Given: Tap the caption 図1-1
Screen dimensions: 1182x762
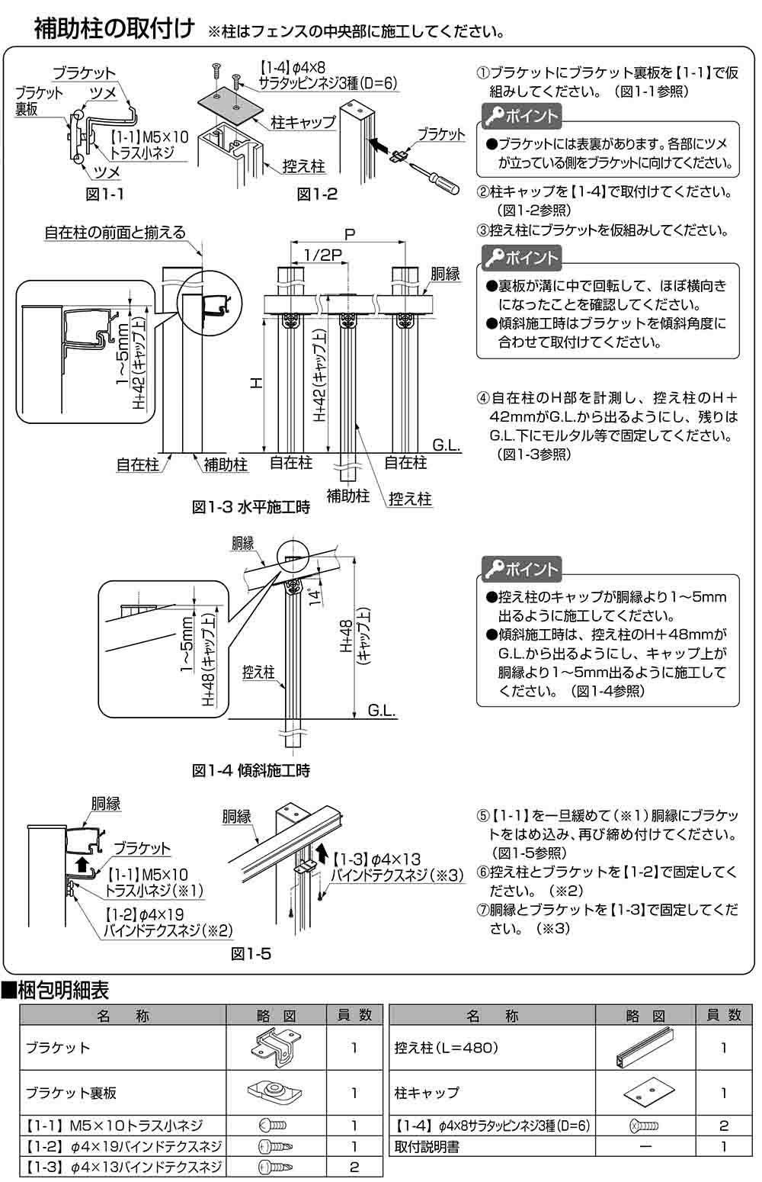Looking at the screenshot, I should tap(104, 194).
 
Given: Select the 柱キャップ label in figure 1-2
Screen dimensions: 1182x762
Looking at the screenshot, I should tap(303, 122).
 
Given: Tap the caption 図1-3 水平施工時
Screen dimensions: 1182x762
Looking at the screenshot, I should tap(251, 507).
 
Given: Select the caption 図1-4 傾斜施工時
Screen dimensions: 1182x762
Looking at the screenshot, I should tap(251, 770).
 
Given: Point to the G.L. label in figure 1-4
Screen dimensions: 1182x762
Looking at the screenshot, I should tap(381, 711).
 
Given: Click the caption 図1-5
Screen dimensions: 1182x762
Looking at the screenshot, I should tap(251, 953).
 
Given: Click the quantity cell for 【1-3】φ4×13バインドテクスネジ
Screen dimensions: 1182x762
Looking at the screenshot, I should tap(354, 1167).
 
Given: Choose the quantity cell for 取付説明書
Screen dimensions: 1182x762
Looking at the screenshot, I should tap(723, 1146).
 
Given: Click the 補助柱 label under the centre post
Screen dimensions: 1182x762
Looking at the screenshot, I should tap(348, 496).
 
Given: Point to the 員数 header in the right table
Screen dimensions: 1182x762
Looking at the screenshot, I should tap(723, 1015).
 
